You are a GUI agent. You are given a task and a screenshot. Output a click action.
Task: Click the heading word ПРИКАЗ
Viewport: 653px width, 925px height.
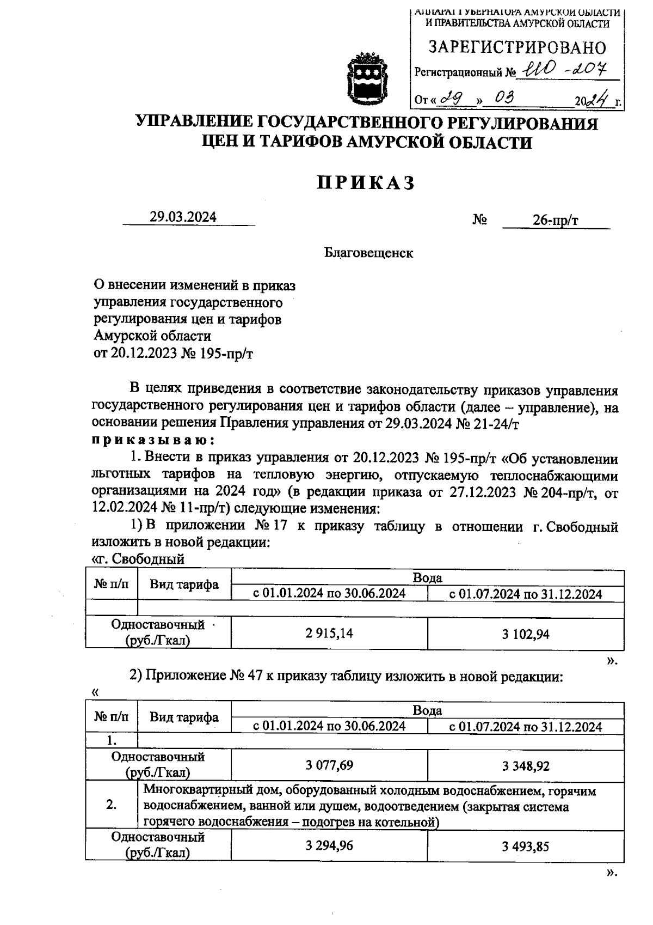pyautogui.click(x=366, y=183)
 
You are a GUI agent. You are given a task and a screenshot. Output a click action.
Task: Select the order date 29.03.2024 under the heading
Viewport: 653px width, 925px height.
pyautogui.click(x=183, y=217)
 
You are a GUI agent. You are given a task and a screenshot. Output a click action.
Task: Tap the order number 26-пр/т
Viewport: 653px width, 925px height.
pyautogui.click(x=556, y=220)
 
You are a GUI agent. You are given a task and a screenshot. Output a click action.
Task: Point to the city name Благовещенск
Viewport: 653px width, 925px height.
pyautogui.click(x=368, y=253)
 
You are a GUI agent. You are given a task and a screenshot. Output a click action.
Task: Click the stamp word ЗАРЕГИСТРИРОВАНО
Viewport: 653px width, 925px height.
pyautogui.click(x=517, y=48)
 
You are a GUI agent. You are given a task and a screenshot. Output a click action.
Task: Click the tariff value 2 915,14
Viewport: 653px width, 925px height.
pyautogui.click(x=329, y=633)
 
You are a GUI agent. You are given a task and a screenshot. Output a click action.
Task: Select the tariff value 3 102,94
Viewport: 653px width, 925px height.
pyautogui.click(x=526, y=634)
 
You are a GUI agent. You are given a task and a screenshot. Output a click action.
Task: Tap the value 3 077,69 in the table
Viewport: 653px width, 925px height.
pyautogui.click(x=329, y=765)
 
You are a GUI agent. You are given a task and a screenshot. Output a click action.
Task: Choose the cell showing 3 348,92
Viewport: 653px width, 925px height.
pyautogui.click(x=526, y=766)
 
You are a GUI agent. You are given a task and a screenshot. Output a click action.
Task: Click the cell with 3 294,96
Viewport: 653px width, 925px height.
pyautogui.click(x=329, y=845)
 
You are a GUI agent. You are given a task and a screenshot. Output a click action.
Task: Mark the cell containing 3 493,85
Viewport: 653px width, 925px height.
pyautogui.click(x=526, y=846)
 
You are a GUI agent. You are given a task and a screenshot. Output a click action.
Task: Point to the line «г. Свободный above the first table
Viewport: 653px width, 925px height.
pyautogui.click(x=138, y=559)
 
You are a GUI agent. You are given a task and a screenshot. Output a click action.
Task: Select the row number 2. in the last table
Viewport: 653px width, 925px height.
pyautogui.click(x=112, y=805)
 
